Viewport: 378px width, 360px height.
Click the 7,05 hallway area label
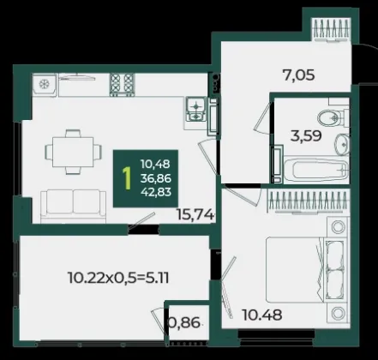pyautogui.click(x=298, y=75)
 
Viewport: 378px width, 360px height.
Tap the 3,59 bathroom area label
pyautogui.click(x=306, y=136)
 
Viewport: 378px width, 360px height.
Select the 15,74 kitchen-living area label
pyautogui.click(x=195, y=214)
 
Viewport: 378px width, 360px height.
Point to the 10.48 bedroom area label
pyautogui.click(x=262, y=315)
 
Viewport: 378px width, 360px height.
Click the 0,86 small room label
pyautogui.click(x=184, y=323)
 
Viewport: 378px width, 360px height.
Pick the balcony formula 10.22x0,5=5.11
pyautogui.click(x=118, y=278)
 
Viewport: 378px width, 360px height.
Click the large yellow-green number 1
pyautogui.click(x=126, y=178)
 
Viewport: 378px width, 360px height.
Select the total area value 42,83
pyautogui.click(x=156, y=192)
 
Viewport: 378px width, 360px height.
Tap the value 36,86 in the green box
pyautogui.click(x=156, y=178)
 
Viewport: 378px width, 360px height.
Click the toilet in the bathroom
pyautogui.click(x=333, y=118)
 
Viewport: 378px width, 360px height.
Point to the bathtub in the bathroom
pyautogui.click(x=316, y=170)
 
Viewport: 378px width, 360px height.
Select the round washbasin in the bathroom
pyautogui.click(x=342, y=145)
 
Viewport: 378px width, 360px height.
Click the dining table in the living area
pyautogui.click(x=73, y=152)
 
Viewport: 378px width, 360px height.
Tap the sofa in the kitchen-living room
pyautogui.click(x=73, y=207)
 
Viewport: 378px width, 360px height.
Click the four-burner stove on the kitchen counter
pyautogui.click(x=123, y=85)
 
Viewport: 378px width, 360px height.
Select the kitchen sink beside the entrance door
pyautogui.click(x=196, y=109)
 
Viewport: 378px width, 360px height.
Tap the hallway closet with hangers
pyautogui.click(x=332, y=29)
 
